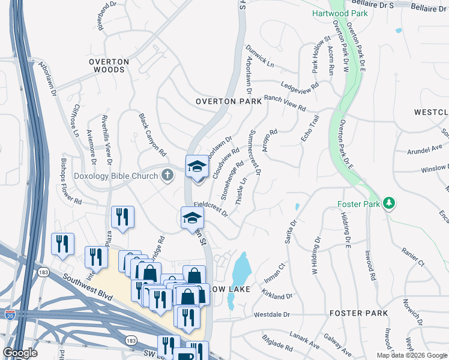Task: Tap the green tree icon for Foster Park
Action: [390, 203]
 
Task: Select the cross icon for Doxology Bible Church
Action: [167, 175]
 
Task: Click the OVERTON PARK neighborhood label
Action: [229, 101]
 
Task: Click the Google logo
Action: [20, 352]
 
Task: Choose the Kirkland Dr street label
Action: [277, 293]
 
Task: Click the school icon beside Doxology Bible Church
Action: [196, 167]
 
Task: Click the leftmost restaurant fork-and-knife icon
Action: [62, 243]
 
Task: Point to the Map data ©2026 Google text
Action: [411, 355]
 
